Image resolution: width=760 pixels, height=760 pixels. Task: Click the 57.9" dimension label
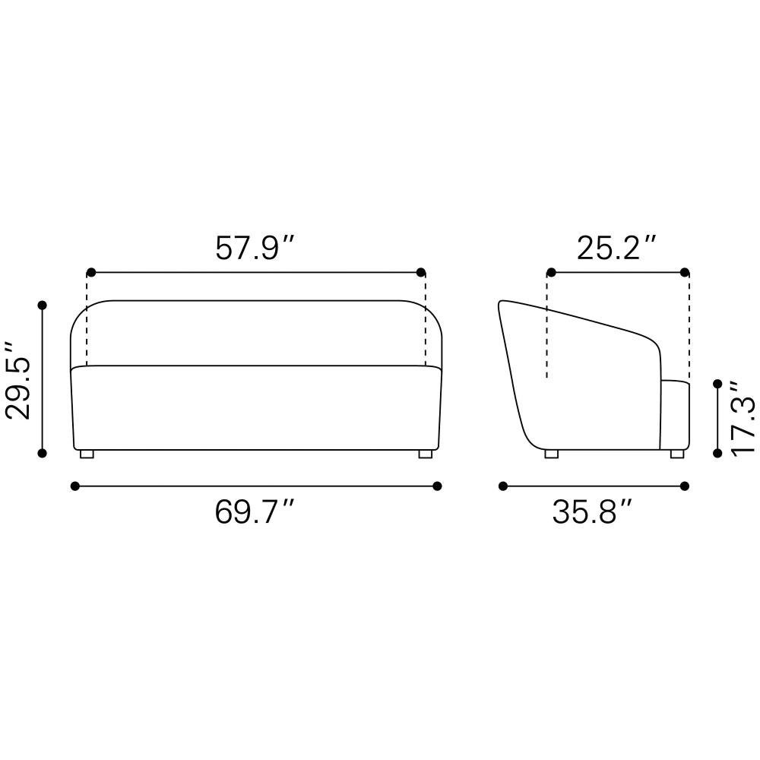click(255, 248)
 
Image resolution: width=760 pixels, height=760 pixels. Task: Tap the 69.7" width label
click(255, 511)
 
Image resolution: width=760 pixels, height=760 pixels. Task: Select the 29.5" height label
click(17, 380)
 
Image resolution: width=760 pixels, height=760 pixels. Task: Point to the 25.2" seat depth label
click(616, 248)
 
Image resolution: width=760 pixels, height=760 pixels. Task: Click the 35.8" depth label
click(592, 511)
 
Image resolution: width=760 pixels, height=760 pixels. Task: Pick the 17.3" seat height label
click(743, 416)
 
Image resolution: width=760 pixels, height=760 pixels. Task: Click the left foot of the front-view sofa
click(87, 454)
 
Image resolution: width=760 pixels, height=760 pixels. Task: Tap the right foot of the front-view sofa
click(425, 454)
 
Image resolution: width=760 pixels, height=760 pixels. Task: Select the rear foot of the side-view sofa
click(552, 454)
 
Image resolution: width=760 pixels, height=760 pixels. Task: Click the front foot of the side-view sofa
click(677, 454)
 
